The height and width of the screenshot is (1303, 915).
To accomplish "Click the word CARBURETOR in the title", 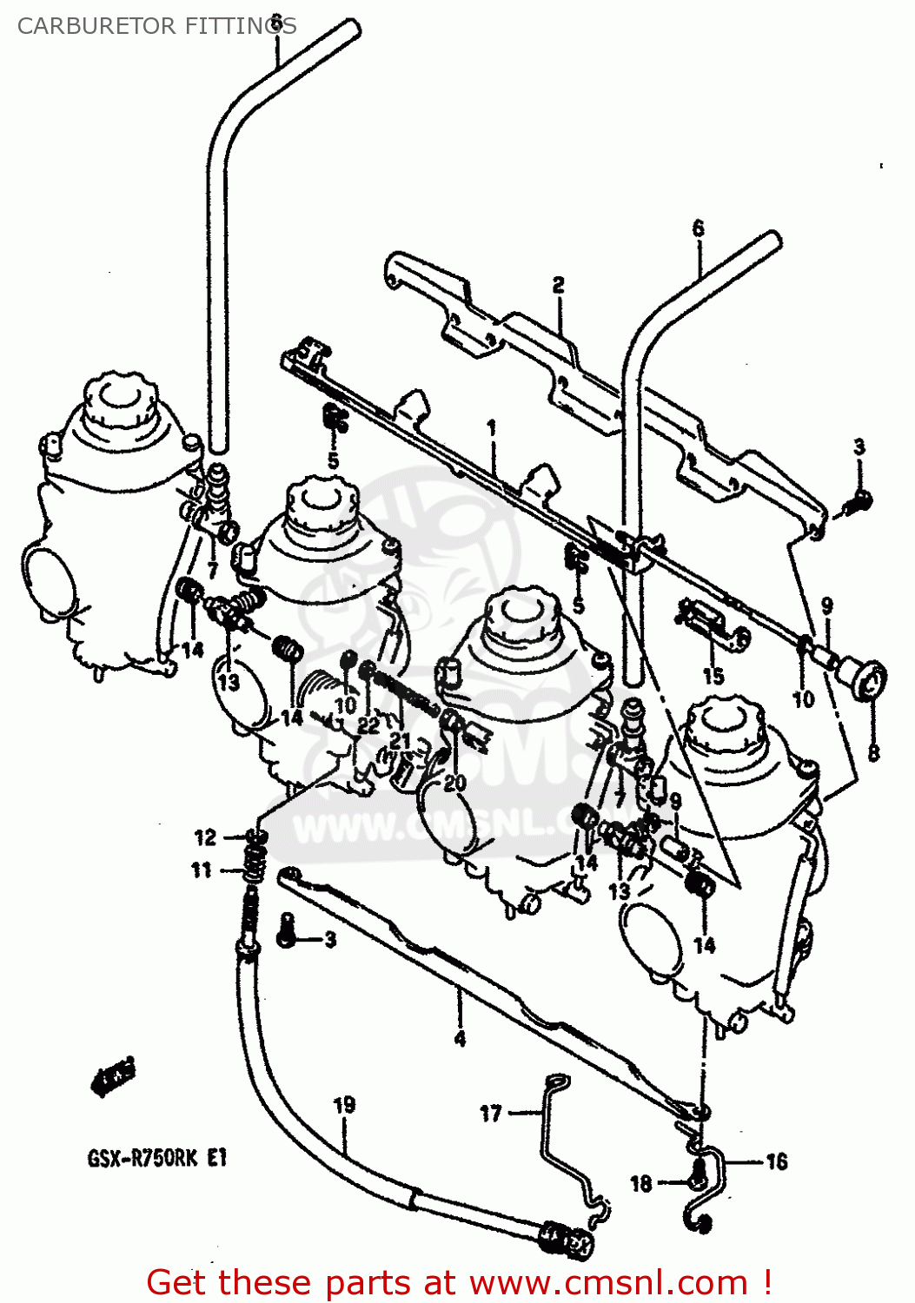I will pos(85,26).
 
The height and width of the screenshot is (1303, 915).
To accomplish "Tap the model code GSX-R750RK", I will pos(143,1158).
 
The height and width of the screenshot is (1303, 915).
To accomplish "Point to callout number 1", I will pos(492,427).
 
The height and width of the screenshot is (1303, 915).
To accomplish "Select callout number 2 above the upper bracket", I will pos(558,284).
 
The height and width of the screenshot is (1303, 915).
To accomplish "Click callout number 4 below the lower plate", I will pos(460,1038).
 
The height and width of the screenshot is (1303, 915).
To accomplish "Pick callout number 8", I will pos(873,752).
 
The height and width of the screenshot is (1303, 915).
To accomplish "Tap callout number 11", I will pos(202,870).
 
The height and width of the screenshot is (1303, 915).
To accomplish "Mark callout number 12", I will pos(205,837).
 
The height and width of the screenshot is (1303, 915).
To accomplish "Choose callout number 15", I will pos(713,676).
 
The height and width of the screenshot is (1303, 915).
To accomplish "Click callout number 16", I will pos(776,1161).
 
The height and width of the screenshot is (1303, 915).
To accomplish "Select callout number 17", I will pos(491,1113).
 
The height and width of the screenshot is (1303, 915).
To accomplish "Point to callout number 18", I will pos(641,1183).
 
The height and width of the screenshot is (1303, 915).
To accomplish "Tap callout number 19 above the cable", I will pos(344,1105).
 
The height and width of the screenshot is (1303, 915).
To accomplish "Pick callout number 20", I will pos(454,783).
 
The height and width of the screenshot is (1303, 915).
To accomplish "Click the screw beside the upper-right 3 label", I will pos(860,500).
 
